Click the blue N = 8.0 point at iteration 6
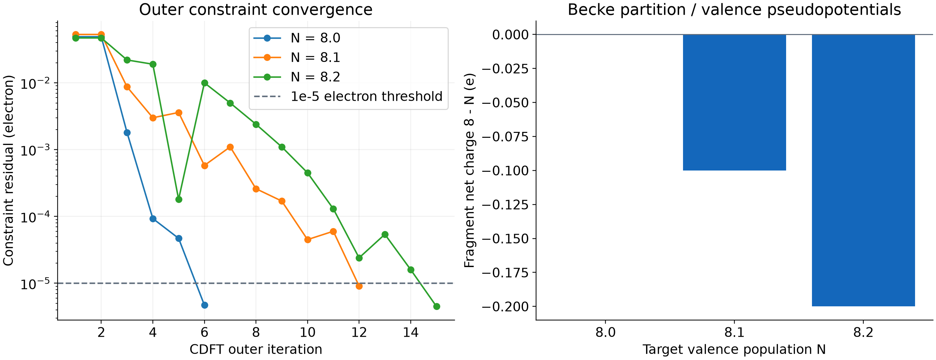click(205, 305)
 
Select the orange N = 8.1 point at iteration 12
click(359, 286)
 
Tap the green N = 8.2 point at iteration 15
click(437, 307)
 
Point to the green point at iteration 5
click(179, 199)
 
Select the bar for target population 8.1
click(734, 102)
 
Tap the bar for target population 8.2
click(863, 171)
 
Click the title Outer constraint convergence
click(256, 9)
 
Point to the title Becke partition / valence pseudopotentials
click(734, 9)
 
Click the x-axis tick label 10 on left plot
click(307, 332)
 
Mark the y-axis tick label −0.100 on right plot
click(505, 171)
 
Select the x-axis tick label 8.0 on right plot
click(605, 332)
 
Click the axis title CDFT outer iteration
click(256, 350)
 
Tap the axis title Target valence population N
click(734, 350)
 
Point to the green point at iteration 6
click(205, 83)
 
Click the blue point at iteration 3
click(127, 133)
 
